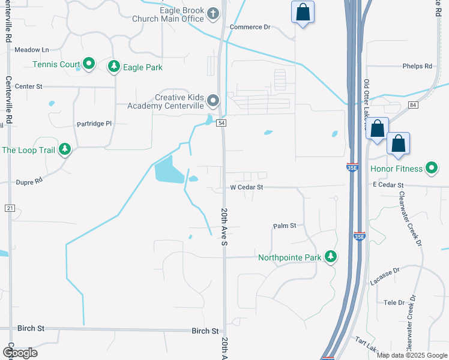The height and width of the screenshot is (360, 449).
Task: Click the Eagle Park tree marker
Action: pyautogui.click(x=113, y=67)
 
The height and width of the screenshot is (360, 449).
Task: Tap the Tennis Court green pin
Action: pyautogui.click(x=89, y=63)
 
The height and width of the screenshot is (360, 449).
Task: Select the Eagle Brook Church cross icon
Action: pyautogui.click(x=212, y=13)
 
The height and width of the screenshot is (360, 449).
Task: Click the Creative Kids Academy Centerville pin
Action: pyautogui.click(x=213, y=100)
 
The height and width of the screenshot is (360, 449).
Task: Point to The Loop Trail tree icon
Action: pyautogui.click(x=65, y=149)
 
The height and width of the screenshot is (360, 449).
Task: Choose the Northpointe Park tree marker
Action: pyautogui.click(x=330, y=257)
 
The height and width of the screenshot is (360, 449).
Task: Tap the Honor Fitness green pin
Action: pyautogui.click(x=431, y=168)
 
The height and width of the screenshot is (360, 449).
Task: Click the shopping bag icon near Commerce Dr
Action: pyautogui.click(x=303, y=12)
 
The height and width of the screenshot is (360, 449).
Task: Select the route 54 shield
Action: pyautogui.click(x=221, y=123)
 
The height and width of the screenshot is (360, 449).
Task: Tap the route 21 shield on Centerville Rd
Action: pyautogui.click(x=9, y=208)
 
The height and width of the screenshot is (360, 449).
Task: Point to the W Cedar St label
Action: pyautogui.click(x=247, y=187)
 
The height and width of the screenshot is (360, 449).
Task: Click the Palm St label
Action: pyautogui.click(x=285, y=226)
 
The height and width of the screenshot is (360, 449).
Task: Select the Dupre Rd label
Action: pyautogui.click(x=29, y=181)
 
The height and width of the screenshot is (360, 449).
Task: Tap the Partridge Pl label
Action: pyautogui.click(x=94, y=124)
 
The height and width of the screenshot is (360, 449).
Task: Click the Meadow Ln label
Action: pyautogui.click(x=31, y=50)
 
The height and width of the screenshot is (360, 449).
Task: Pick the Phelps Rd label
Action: pyautogui.click(x=418, y=66)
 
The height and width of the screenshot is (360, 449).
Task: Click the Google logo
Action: pyautogui.click(x=20, y=352)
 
